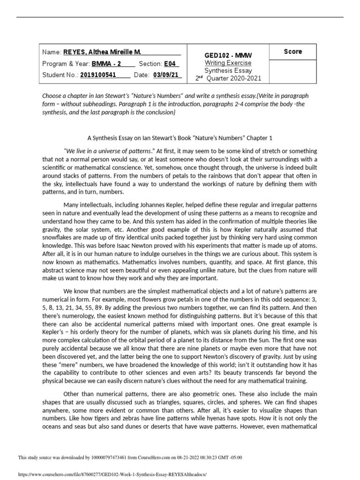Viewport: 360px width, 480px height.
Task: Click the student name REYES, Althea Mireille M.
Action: (102, 52)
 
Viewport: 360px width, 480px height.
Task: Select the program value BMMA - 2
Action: (106, 64)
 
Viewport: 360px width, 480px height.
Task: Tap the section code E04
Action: (170, 64)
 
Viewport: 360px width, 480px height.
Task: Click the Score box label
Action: (293, 52)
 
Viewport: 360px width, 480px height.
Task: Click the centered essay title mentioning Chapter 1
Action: (180, 138)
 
